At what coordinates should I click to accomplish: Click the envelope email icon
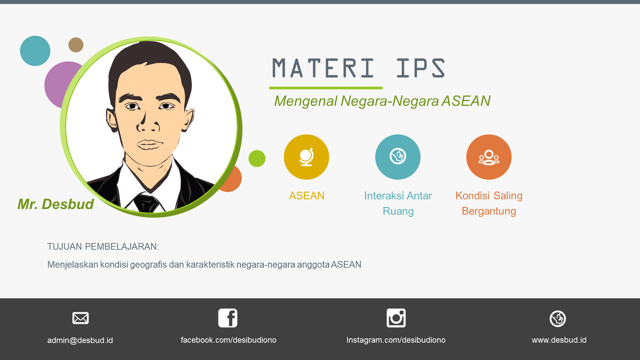80,318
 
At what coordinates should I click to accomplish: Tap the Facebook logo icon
228,318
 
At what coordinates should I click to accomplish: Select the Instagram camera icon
396,318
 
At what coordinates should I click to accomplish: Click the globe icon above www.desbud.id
558,319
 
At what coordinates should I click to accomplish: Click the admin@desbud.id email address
80,340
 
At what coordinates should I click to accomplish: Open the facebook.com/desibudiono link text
228,340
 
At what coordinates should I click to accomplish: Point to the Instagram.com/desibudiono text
396,340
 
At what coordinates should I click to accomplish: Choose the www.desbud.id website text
559,340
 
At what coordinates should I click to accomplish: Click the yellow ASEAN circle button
306,157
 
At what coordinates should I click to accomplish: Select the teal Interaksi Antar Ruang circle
398,157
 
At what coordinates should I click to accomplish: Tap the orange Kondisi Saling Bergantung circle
489,157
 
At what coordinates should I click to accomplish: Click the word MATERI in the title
323,68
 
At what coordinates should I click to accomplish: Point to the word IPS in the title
421,68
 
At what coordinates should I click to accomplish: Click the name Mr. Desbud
56,204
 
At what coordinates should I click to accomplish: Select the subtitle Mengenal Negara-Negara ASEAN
382,101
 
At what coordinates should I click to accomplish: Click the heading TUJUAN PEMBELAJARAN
103,247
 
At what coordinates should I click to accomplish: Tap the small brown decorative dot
76,45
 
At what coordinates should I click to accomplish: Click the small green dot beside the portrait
257,158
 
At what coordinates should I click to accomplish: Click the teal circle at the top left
35,51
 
